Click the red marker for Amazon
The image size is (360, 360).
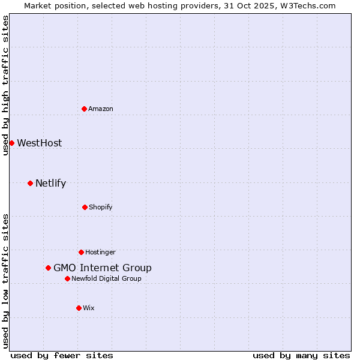click(x=84, y=109)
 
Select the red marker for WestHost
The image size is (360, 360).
click(x=11, y=143)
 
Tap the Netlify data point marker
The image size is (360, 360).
click(x=30, y=183)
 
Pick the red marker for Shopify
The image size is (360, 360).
click(x=85, y=207)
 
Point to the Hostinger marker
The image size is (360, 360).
click(x=81, y=252)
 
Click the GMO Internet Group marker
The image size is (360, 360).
click(x=48, y=268)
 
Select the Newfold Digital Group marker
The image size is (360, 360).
click(x=67, y=278)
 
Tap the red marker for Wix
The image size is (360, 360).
click(x=79, y=308)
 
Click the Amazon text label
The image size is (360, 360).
click(x=101, y=109)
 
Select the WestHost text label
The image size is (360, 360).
click(x=40, y=143)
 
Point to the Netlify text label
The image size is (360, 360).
click(x=50, y=183)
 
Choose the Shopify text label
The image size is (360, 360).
click(x=101, y=207)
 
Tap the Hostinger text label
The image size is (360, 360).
click(x=100, y=252)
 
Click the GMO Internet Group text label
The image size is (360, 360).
click(x=103, y=268)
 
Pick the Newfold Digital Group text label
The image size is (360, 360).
click(x=107, y=278)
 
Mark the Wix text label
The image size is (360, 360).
click(x=89, y=308)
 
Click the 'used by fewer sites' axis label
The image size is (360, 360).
click(x=62, y=355)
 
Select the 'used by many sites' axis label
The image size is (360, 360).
click(x=301, y=355)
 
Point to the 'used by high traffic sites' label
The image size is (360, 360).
click(x=5, y=85)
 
